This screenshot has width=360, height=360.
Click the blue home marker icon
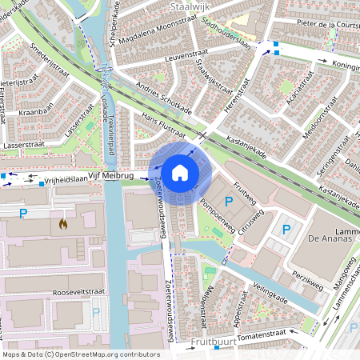(180, 173)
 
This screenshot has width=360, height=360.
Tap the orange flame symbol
(62, 224)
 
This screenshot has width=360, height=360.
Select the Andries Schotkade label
(167, 96)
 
